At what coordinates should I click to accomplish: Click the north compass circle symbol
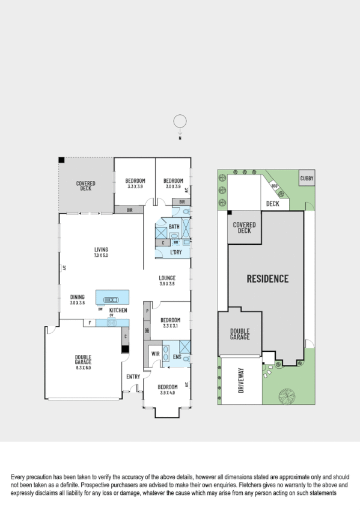tap(179, 121)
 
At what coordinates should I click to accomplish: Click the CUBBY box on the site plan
tap(307, 179)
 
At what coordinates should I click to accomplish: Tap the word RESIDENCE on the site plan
tap(267, 278)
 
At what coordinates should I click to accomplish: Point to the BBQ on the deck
tap(274, 186)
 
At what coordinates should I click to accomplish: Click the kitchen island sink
tap(112, 298)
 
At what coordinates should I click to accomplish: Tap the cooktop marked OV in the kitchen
tap(112, 322)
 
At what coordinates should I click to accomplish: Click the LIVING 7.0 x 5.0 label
tap(100, 253)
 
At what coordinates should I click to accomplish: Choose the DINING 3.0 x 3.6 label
tap(78, 300)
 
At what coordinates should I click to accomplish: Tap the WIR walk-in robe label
tap(155, 354)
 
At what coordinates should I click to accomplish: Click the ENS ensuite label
tap(177, 357)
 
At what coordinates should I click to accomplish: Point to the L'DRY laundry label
tap(175, 252)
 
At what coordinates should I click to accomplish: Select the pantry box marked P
tap(147, 311)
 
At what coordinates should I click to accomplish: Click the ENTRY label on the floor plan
tap(133, 377)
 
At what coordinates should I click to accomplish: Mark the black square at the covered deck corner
tap(61, 160)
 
